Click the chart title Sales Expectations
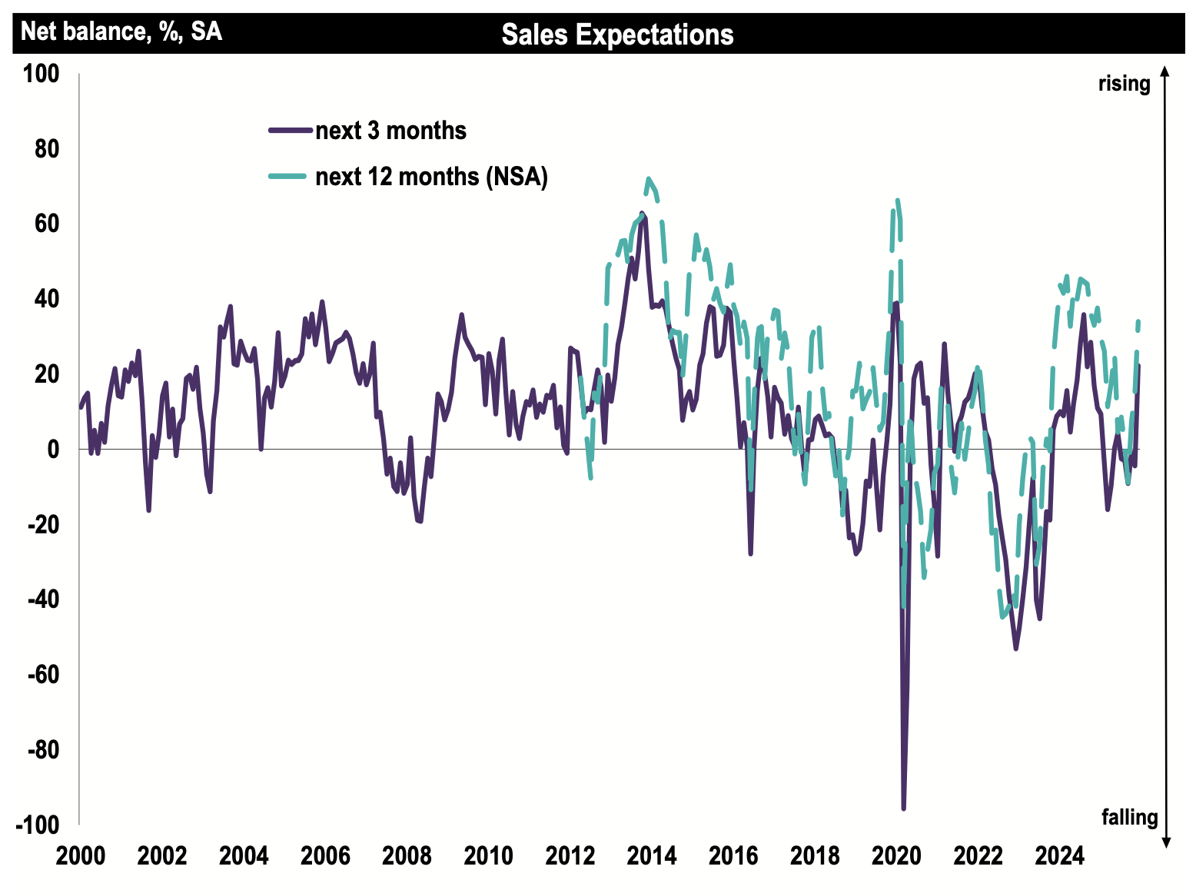tap(617, 35)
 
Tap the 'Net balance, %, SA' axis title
tap(121, 32)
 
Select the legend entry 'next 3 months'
tap(390, 131)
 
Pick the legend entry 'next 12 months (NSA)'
tap(431, 177)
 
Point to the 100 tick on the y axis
tap(41, 75)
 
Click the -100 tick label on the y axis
tap(38, 825)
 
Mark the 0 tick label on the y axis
tap(51, 450)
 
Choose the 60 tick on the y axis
tap(46, 224)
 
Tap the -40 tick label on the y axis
tap(43, 599)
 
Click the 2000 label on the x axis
tap(81, 855)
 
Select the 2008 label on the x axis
tap(407, 855)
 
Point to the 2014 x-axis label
tap(652, 855)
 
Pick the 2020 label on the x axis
tap(896, 855)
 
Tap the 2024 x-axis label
tap(1059, 855)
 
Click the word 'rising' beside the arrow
tap(1124, 84)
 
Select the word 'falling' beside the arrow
tap(1129, 817)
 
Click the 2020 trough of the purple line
tap(903, 808)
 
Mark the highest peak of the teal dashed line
tap(649, 178)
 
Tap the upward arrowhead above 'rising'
tap(1165, 71)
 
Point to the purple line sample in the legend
tap(291, 131)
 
